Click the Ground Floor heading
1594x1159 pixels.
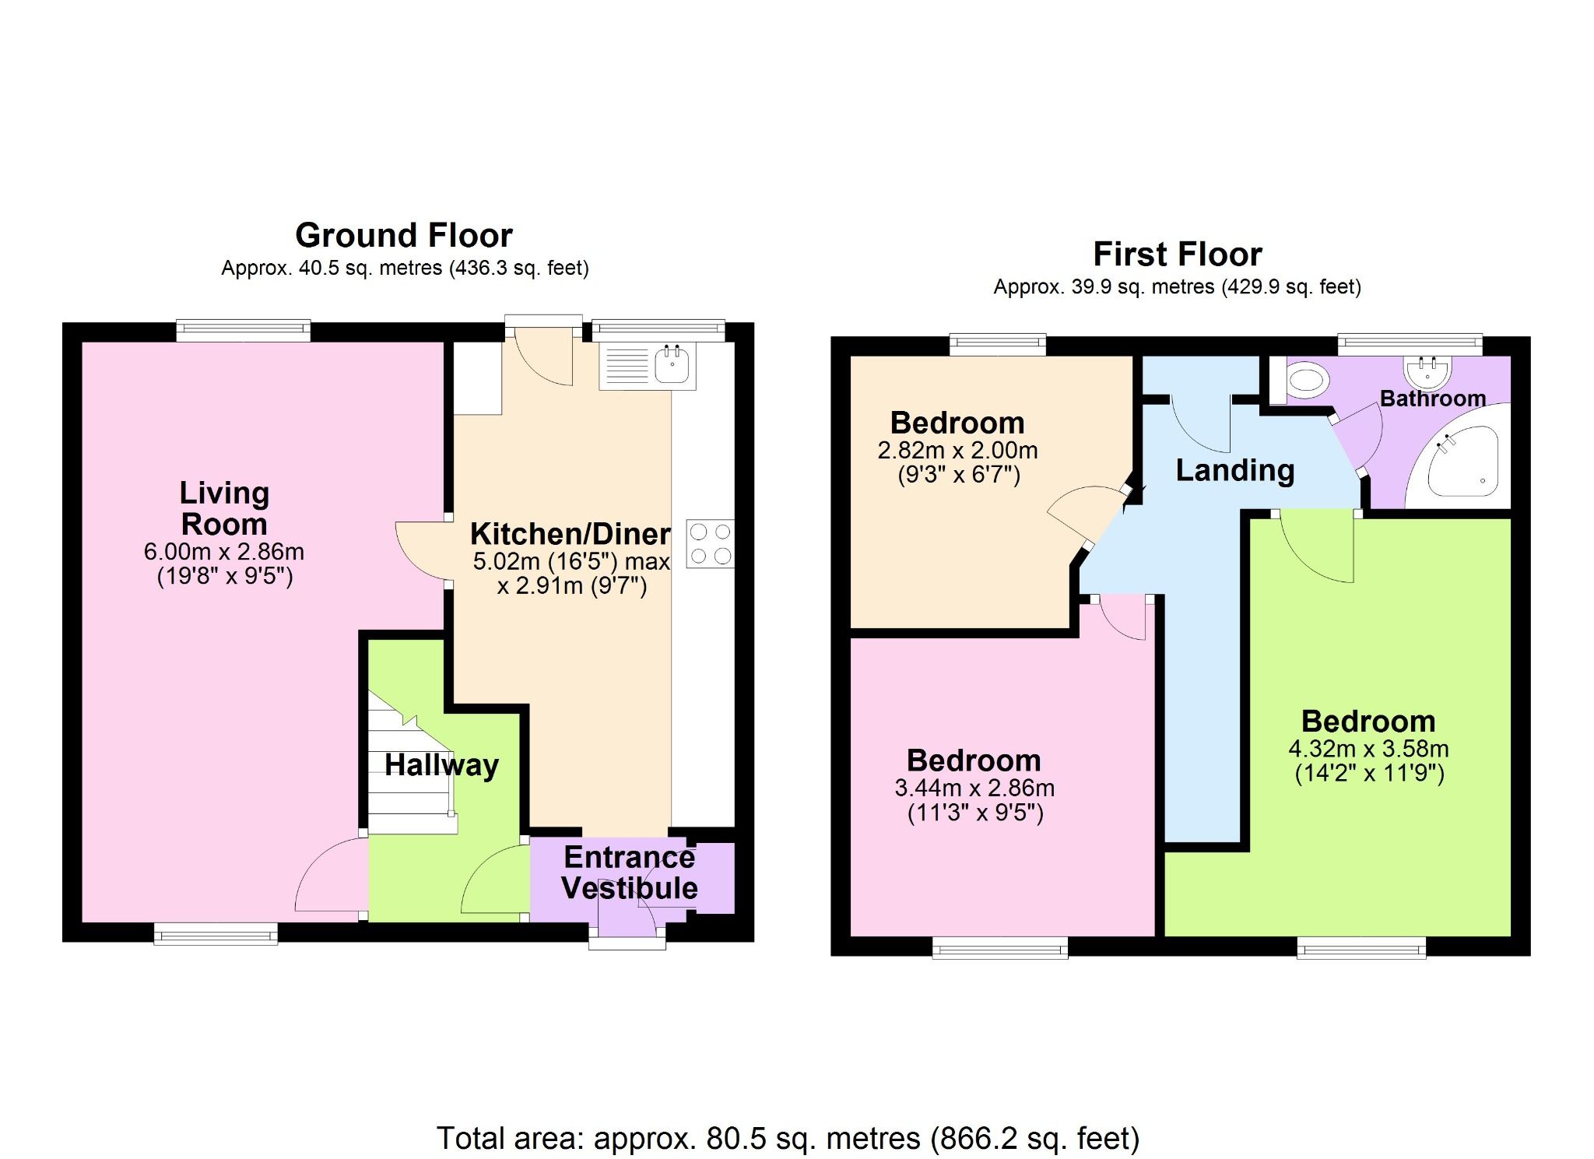[x=404, y=235]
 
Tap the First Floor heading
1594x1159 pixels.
[x=1177, y=254]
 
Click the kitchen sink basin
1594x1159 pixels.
[x=672, y=366]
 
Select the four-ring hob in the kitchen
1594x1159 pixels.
[x=710, y=543]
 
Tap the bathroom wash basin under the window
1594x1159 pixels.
[x=1427, y=372]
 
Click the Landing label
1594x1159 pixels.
[x=1234, y=470]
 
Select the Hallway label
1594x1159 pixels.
[x=441, y=765]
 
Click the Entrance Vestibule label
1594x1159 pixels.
[x=629, y=873]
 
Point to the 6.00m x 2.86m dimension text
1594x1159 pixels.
[x=224, y=552]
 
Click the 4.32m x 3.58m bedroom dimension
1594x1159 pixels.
[x=1368, y=749]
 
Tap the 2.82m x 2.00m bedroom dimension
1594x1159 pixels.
[x=957, y=451]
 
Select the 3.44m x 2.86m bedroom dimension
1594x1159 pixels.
[x=974, y=788]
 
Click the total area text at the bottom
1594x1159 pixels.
[x=788, y=1138]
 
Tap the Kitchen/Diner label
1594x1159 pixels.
[x=570, y=534]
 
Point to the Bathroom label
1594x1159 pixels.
[x=1432, y=399]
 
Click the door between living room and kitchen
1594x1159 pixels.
[x=423, y=553]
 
